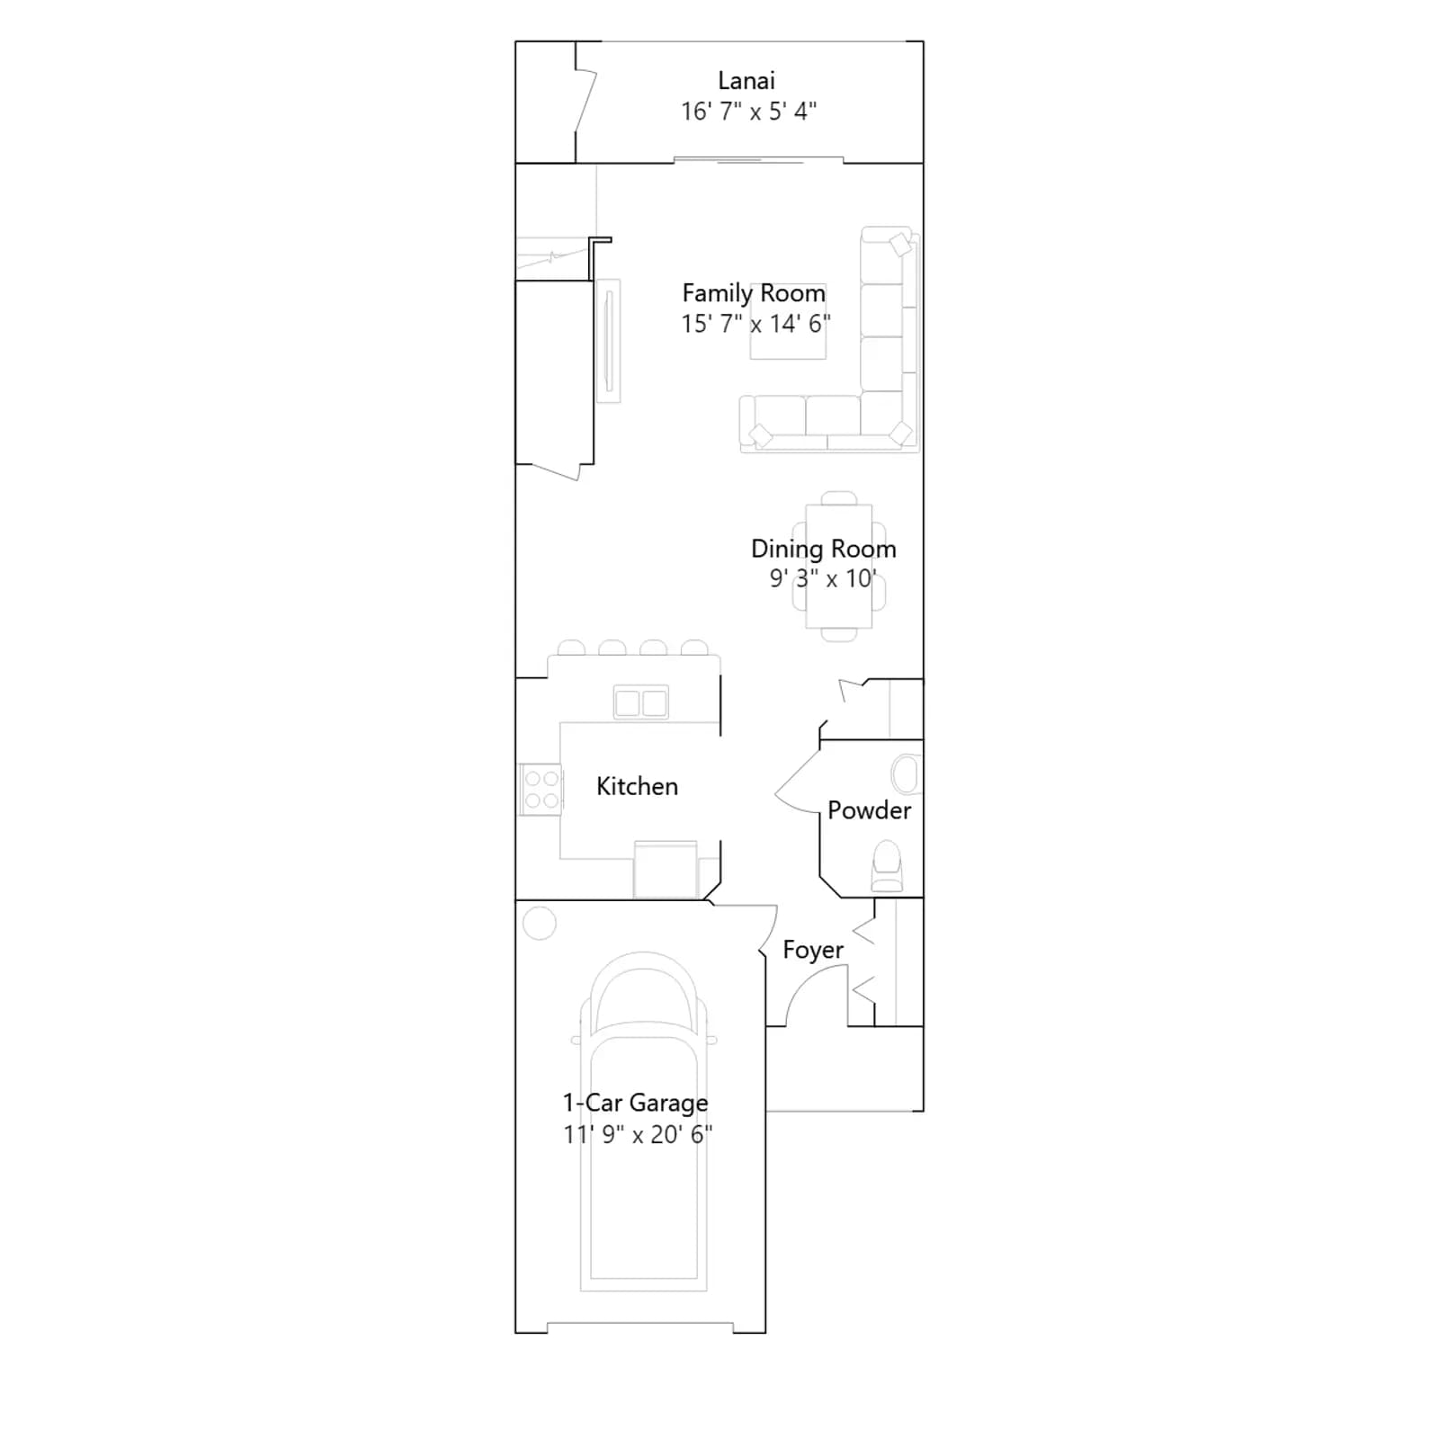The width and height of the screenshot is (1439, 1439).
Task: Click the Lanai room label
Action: (x=746, y=81)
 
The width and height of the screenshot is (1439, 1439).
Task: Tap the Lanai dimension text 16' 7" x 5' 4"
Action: (x=748, y=112)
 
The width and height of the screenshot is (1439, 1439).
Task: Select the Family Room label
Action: (x=754, y=294)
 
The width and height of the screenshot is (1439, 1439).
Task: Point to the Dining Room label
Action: (x=823, y=549)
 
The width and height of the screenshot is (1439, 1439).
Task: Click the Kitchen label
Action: (x=637, y=786)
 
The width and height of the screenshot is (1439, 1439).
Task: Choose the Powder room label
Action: (x=869, y=810)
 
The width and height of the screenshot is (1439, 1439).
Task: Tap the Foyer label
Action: (x=813, y=951)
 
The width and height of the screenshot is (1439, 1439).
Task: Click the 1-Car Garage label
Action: (x=635, y=1103)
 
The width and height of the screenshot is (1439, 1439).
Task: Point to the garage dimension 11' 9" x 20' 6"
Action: (x=638, y=1134)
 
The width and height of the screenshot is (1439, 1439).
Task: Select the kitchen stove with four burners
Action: (x=541, y=790)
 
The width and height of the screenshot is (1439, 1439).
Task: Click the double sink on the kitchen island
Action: (x=640, y=702)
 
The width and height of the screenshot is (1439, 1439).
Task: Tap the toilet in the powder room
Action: (x=887, y=866)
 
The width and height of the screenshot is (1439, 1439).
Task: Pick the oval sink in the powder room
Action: (x=906, y=774)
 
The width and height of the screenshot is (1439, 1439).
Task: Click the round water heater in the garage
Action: (x=540, y=923)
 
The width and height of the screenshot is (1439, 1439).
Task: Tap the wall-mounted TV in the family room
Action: (x=609, y=341)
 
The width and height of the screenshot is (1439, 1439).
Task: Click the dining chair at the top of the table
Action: (x=839, y=498)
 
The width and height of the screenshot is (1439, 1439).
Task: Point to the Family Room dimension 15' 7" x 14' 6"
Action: (x=755, y=324)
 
